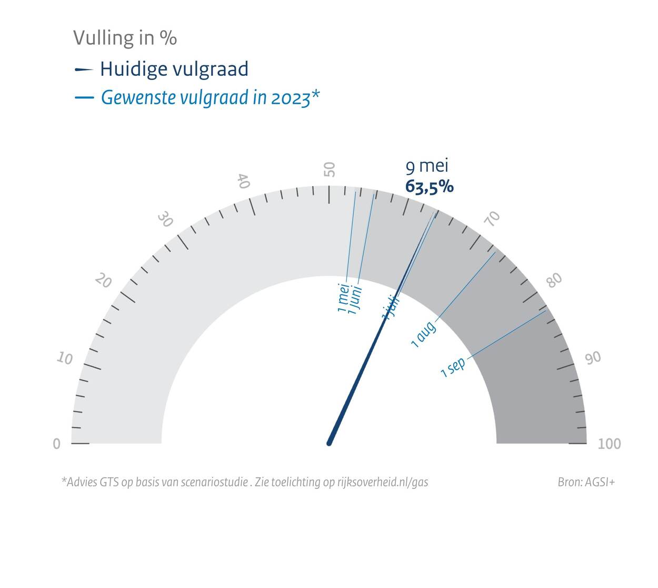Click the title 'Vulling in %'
click(125, 38)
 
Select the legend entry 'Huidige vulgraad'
click(174, 69)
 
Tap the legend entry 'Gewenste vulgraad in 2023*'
click(210, 97)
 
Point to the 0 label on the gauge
click(57, 444)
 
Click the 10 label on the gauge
click(65, 359)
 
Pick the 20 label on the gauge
click(104, 281)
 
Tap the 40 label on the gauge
click(243, 181)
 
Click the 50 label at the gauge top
click(330, 170)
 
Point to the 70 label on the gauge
click(493, 218)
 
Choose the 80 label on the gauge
click(554, 280)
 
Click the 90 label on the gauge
click(593, 358)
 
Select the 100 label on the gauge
click(609, 444)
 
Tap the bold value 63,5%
click(429, 187)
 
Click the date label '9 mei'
click(427, 166)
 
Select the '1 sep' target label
click(453, 367)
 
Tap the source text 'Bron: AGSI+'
click(586, 482)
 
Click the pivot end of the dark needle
click(330, 443)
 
